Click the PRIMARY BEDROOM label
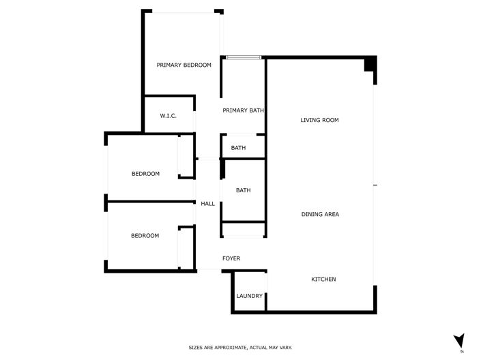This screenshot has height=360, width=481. pyautogui.click(x=184, y=65)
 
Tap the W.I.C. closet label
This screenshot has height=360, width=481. pyautogui.click(x=169, y=116)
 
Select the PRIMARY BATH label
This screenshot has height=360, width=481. pyautogui.click(x=244, y=110)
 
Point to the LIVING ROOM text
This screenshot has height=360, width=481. pyautogui.click(x=319, y=120)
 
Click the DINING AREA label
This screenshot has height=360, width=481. pyautogui.click(x=320, y=215)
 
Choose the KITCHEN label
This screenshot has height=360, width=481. pyautogui.click(x=323, y=280)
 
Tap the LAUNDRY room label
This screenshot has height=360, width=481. pyautogui.click(x=249, y=296)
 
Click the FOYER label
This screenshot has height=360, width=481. pyautogui.click(x=231, y=258)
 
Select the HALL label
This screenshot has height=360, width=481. pyautogui.click(x=207, y=204)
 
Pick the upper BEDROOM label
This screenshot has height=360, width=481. pyautogui.click(x=145, y=174)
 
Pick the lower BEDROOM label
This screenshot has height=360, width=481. pyautogui.click(x=145, y=236)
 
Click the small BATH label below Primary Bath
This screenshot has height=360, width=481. pyautogui.click(x=238, y=148)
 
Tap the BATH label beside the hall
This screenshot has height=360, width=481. pyautogui.click(x=243, y=191)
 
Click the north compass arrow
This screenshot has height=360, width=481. pyautogui.click(x=459, y=340)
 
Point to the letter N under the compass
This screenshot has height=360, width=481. pyautogui.click(x=462, y=352)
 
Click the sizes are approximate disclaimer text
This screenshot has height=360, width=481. pyautogui.click(x=240, y=348)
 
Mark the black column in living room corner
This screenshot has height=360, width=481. pyautogui.click(x=369, y=65)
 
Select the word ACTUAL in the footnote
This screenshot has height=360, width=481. pyautogui.click(x=257, y=348)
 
